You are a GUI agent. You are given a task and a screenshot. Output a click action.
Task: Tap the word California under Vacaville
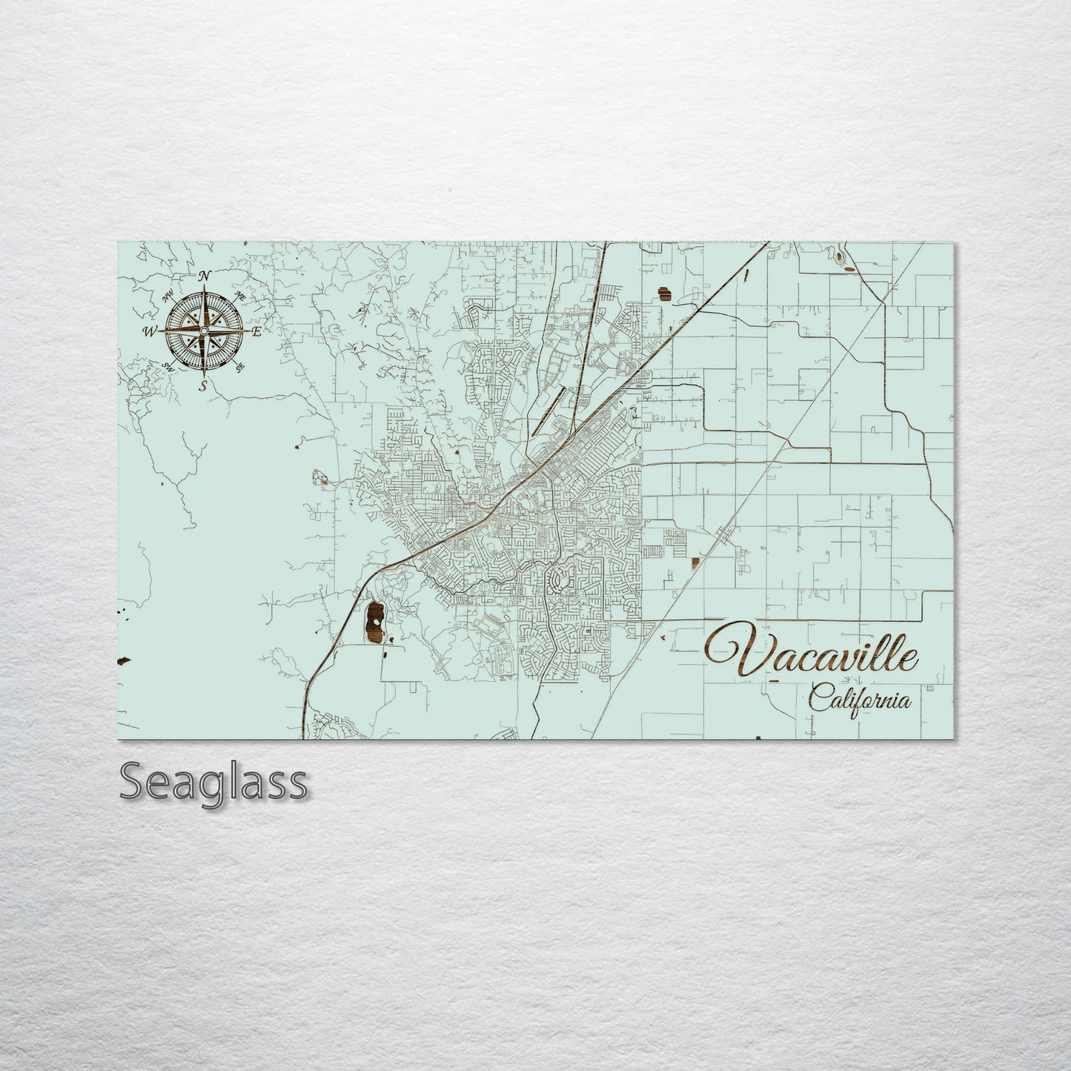coord(859,699)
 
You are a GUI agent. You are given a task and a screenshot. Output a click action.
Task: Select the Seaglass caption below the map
coord(213,781)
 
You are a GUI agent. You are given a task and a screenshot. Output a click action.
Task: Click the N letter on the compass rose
coord(206,276)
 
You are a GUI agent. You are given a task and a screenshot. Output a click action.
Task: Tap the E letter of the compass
coord(257,331)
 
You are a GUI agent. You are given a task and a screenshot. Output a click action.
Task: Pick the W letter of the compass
coord(150,331)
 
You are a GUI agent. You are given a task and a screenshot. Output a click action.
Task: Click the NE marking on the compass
coord(239,295)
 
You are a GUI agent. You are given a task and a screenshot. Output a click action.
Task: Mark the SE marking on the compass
coord(239,366)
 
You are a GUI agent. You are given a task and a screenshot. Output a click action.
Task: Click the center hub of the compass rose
coord(205,330)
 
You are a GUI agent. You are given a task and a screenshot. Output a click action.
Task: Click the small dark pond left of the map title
coord(694,564)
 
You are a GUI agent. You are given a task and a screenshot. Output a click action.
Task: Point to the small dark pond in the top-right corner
coord(838,258)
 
